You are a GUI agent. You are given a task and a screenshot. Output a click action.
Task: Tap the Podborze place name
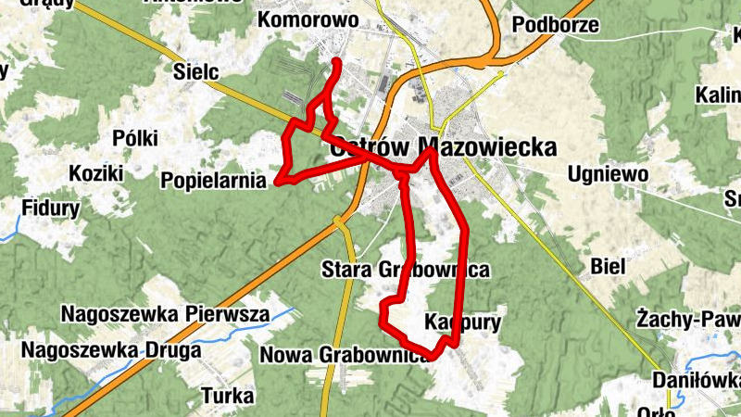[x=555, y=25]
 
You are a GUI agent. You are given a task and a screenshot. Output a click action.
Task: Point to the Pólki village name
[x=134, y=138]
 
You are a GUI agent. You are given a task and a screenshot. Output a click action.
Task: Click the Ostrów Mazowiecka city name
[x=443, y=147]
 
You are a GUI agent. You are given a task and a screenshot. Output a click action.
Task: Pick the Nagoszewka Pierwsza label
[x=165, y=313]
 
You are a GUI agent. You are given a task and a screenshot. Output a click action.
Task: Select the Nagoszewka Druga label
[x=111, y=350]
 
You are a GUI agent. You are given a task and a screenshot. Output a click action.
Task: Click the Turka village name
[x=228, y=396]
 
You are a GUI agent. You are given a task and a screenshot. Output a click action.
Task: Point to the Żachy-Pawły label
[x=688, y=320]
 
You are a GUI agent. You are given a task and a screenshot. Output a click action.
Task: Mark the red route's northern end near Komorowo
[x=336, y=62]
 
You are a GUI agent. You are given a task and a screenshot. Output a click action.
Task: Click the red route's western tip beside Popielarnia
[x=276, y=183]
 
